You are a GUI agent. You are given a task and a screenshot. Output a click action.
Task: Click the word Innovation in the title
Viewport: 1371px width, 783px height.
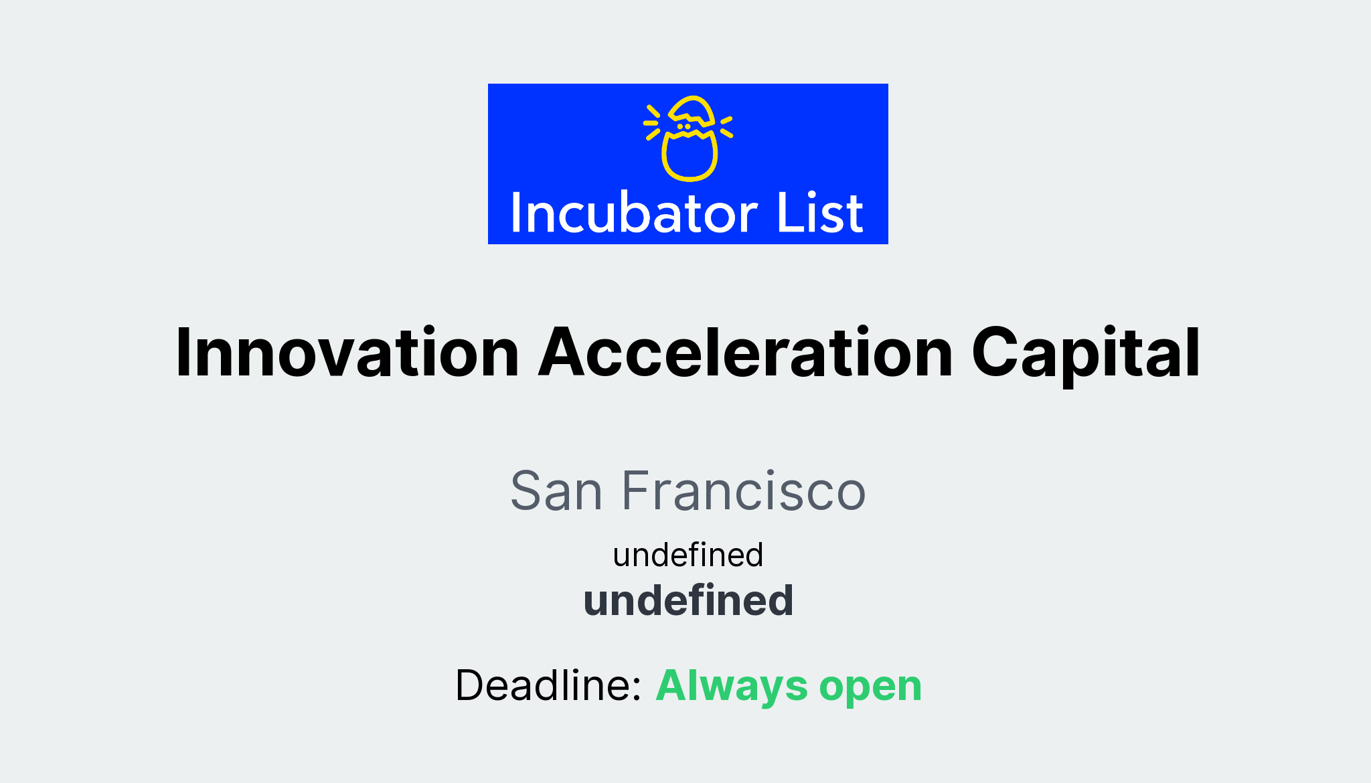pos(347,353)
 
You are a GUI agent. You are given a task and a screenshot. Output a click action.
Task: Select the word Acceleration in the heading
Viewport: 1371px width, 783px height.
pos(746,353)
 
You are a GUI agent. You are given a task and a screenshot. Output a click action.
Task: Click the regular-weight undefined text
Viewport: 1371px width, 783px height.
pos(688,555)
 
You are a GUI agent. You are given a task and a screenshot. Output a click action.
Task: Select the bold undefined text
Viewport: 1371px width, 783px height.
pos(689,600)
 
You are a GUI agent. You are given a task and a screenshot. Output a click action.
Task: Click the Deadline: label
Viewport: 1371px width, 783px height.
pos(548,685)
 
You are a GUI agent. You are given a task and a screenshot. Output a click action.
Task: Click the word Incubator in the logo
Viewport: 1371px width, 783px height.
pos(634,213)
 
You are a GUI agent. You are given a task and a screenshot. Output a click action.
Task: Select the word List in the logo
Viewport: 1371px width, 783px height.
pos(820,213)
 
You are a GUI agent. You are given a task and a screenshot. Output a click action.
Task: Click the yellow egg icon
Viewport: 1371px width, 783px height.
pos(689,139)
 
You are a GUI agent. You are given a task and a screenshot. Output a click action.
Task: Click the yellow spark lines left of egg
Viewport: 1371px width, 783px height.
pos(652,122)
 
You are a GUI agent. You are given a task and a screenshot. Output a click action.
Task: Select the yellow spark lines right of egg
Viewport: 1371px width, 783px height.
pos(726,126)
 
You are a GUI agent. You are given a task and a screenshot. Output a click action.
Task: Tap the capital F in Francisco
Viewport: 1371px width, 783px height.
pos(637,491)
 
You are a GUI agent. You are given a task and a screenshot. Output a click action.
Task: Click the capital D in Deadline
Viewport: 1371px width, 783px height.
pos(471,685)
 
